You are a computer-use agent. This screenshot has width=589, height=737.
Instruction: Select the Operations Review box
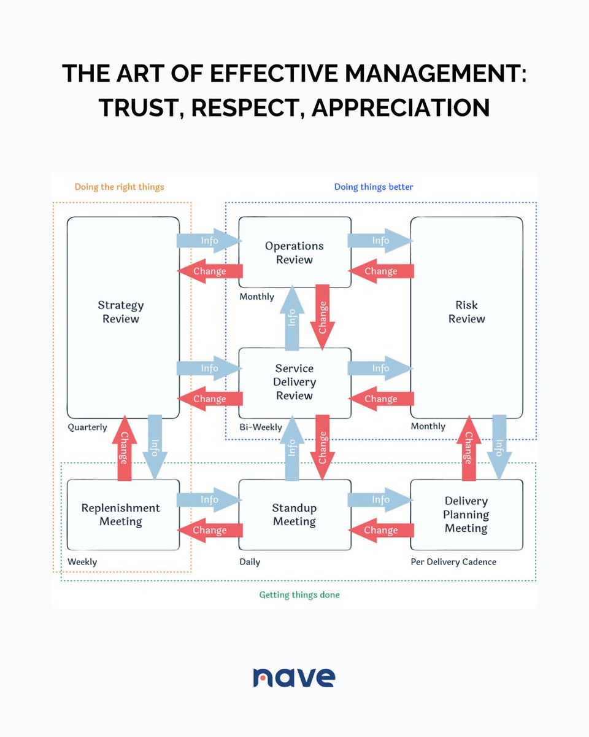294,252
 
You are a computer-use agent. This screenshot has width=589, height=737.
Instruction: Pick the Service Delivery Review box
294,382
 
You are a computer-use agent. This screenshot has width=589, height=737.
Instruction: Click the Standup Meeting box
294,515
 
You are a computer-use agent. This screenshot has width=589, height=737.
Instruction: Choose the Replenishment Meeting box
121,515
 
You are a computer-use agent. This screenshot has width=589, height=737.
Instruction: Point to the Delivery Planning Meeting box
466,515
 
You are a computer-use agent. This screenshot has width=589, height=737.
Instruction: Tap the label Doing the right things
119,187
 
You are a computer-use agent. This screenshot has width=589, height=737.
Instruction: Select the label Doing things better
374,187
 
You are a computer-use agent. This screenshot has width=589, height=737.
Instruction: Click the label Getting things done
299,595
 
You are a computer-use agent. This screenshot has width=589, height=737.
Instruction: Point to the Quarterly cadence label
87,427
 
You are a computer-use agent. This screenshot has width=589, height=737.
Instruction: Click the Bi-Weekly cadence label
261,427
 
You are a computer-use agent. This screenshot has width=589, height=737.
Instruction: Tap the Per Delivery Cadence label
453,561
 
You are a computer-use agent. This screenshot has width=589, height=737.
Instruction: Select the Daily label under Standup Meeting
250,561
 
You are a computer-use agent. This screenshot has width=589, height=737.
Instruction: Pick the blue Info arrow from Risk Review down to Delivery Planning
499,446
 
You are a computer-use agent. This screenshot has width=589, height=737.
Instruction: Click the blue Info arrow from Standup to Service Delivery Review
293,446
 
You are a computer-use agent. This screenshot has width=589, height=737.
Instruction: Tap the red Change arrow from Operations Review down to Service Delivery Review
322,316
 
